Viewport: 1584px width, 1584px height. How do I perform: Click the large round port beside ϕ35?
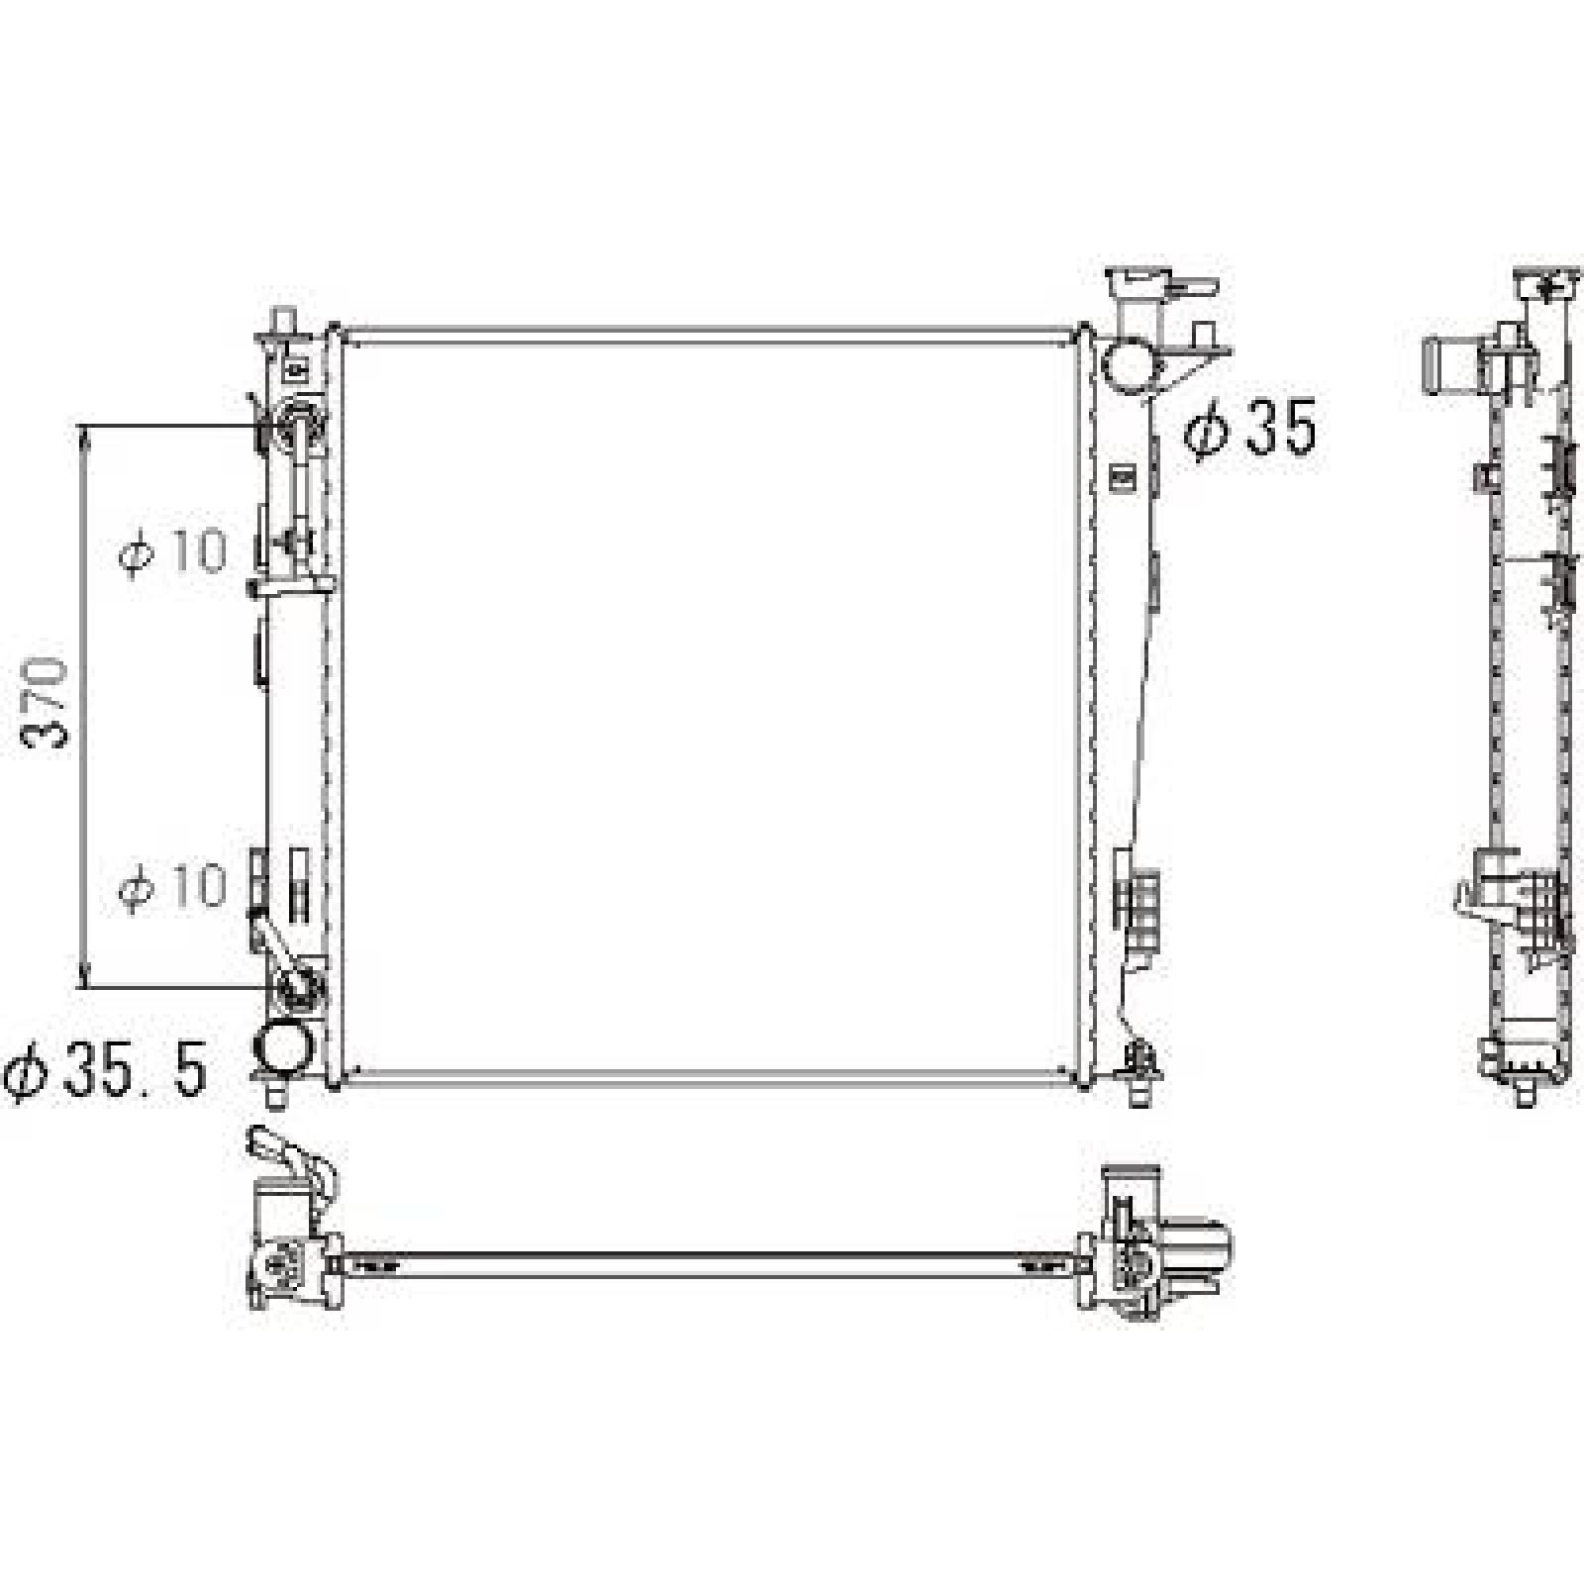coord(1130,363)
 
